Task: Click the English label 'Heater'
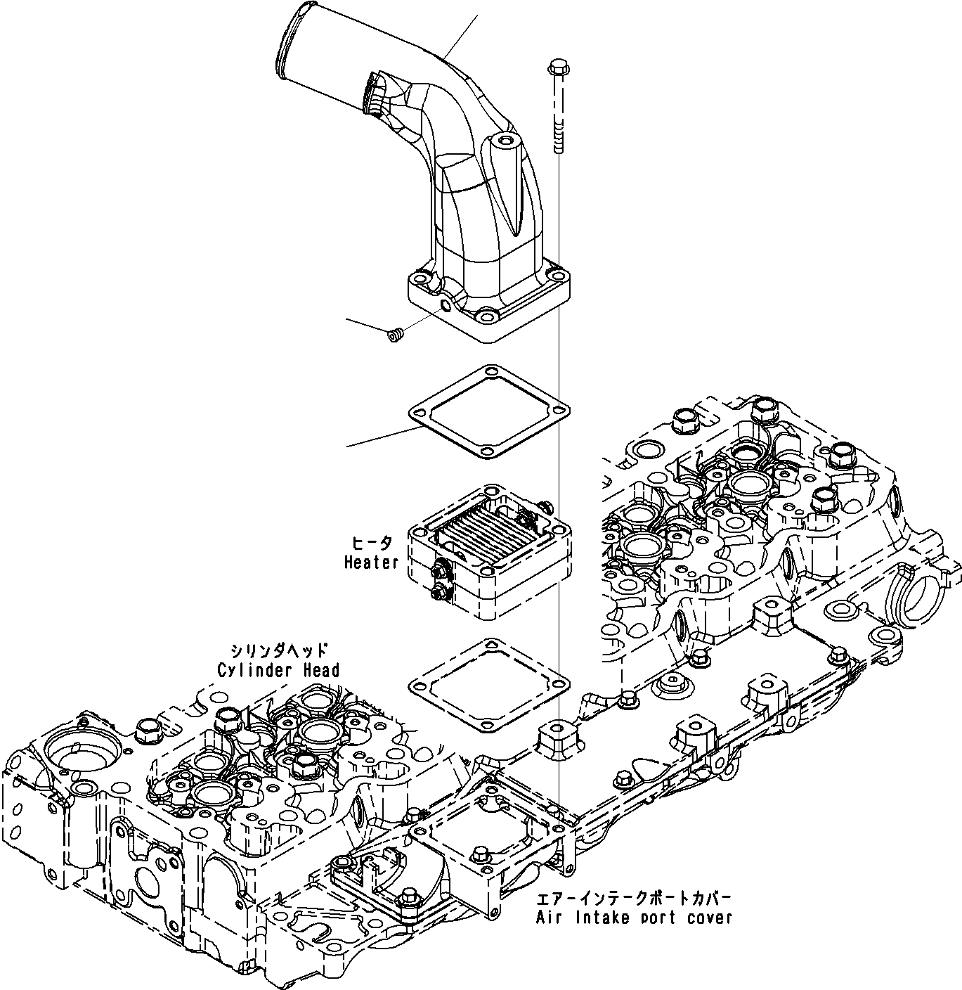[371, 562]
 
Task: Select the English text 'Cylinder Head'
[278, 670]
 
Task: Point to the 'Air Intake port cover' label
[634, 918]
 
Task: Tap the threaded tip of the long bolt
[558, 144]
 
